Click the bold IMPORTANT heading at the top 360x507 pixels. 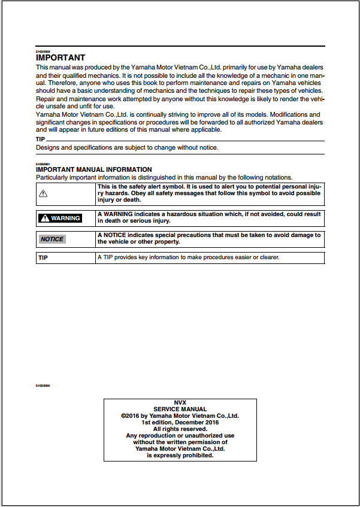click(60, 58)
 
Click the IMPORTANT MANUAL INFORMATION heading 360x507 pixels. click(94, 170)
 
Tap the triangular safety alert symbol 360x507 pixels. click(43, 193)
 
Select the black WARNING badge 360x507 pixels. click(60, 218)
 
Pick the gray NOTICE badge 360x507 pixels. click(52, 239)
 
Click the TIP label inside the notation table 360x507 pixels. click(43, 258)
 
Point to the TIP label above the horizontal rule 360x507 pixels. click(41, 139)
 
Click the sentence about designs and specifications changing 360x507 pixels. click(127, 147)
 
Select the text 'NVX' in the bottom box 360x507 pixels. click(180, 403)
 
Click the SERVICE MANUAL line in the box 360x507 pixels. click(180, 409)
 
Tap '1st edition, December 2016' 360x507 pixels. click(180, 423)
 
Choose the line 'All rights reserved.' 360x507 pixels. click(180, 429)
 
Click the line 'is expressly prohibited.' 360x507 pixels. click(180, 456)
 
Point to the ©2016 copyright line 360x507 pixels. click(180, 416)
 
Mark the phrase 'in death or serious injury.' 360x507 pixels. click(134, 221)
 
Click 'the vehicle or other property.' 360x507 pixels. click(138, 242)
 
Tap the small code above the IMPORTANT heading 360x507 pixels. click(43, 51)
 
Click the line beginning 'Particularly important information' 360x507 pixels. click(164, 177)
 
